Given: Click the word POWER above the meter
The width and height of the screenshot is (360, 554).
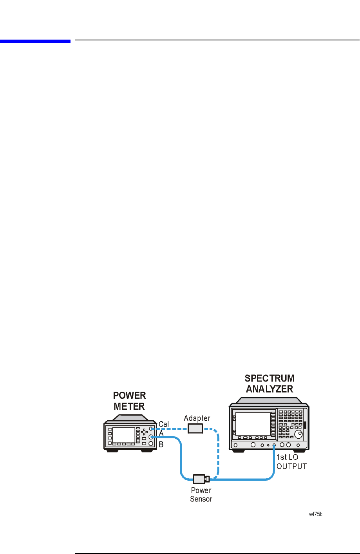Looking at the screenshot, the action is coord(129,395).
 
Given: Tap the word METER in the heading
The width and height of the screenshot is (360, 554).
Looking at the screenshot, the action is coord(129,406).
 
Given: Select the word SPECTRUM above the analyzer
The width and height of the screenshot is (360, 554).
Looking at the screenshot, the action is coord(270,378).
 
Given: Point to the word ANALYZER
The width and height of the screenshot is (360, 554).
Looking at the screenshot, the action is coord(270,389).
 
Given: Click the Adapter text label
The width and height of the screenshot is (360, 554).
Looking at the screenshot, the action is coord(197,418).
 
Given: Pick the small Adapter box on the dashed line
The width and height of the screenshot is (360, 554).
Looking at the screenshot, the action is coord(195,429).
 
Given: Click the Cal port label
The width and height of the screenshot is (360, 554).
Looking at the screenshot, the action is coord(164,424).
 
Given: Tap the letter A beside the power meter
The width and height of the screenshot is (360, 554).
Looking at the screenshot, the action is coord(161,434).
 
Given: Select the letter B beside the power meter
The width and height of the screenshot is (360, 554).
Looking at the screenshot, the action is coord(161,445).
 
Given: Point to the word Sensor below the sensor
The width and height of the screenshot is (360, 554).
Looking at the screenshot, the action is coord(201,499).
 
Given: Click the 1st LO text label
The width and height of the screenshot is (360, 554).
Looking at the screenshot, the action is coord(287,457).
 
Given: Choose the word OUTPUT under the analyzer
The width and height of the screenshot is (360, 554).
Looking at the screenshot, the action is coord(291,466).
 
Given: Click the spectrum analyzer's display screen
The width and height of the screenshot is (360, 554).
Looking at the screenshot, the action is coord(253,423).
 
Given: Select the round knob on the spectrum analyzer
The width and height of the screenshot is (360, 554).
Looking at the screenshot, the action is coord(298,434).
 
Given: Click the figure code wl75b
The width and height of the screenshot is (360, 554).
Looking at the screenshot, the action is coord(315,515).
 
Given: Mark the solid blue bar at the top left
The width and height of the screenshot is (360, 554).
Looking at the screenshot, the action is coord(35,40).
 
